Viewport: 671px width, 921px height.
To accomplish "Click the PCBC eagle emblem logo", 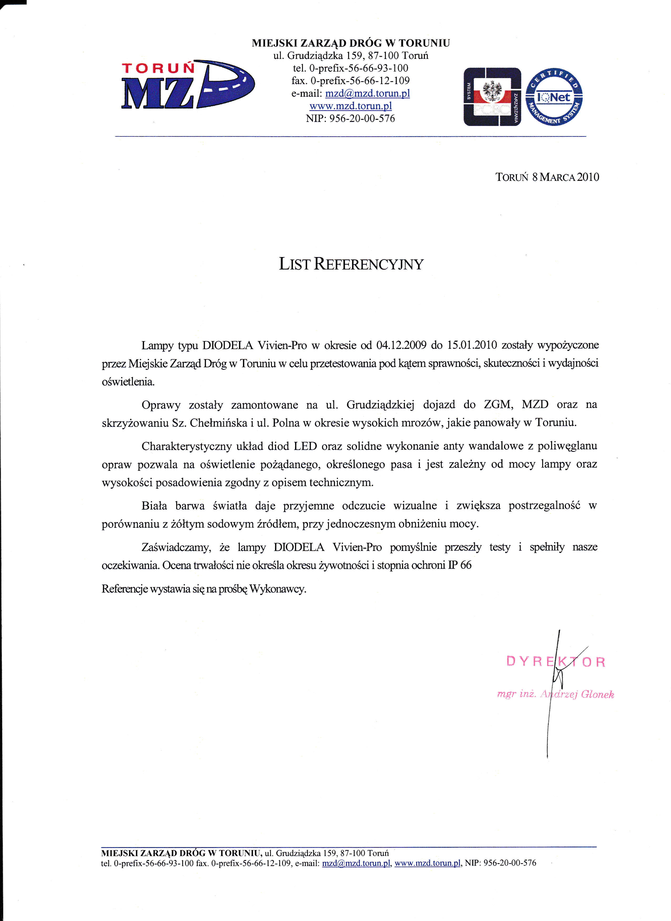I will click(x=492, y=97).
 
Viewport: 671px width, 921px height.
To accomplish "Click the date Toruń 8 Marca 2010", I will click(x=547, y=177).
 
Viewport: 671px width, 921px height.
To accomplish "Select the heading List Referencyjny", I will click(x=351, y=264).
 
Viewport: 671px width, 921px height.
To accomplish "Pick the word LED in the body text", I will click(x=305, y=446).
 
